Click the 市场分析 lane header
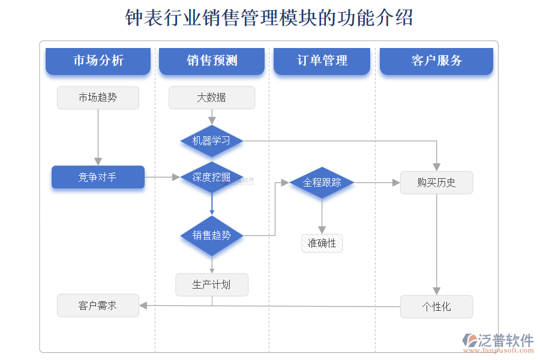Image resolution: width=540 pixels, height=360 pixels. point(98,61)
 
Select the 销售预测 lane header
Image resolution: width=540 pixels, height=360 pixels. point(211,61)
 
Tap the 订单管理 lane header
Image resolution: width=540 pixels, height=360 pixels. point(322,61)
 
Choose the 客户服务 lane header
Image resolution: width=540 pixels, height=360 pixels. point(436,61)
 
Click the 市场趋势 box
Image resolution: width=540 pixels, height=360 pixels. point(98,98)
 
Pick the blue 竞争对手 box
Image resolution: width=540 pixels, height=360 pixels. point(98,177)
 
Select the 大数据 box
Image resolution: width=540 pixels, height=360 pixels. point(211,98)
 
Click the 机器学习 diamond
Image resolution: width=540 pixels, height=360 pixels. point(211,141)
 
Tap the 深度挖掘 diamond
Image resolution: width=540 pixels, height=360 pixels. point(211,177)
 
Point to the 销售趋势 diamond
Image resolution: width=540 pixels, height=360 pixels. point(211,235)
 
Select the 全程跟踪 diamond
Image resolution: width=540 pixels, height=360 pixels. point(322,182)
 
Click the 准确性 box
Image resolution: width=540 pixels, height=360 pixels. point(322,243)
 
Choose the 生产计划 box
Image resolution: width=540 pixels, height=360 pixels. point(211,284)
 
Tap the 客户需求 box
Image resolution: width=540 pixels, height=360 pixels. point(98,305)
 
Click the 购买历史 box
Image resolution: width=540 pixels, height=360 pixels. point(436,182)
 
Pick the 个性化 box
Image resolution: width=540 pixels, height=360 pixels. point(436,307)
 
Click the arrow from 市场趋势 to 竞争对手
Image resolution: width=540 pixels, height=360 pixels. point(98,138)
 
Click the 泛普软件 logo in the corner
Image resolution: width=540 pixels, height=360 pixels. point(497,341)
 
